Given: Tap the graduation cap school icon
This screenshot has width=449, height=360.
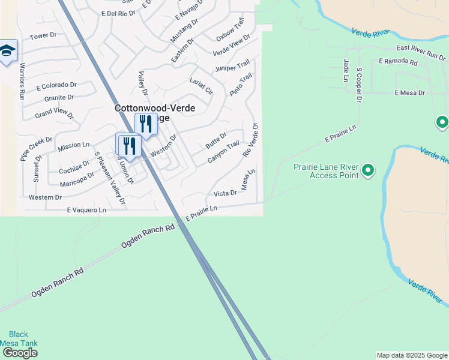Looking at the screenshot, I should pyautogui.click(x=7, y=52).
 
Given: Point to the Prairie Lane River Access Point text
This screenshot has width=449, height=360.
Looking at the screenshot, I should pyautogui.click(x=325, y=171).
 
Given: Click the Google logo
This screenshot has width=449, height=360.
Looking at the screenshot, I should pyautogui.click(x=19, y=353).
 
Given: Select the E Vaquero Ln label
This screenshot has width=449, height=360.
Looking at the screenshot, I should pyautogui.click(x=86, y=210).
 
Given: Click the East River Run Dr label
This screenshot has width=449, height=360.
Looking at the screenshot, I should pyautogui.click(x=420, y=53).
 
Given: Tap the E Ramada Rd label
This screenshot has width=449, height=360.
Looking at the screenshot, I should pyautogui.click(x=398, y=62).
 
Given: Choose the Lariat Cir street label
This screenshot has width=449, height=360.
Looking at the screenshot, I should pyautogui.click(x=202, y=86).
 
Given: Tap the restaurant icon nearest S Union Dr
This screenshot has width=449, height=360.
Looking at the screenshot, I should pyautogui.click(x=128, y=145).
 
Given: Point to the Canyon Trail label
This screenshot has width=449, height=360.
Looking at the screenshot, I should pyautogui.click(x=223, y=151).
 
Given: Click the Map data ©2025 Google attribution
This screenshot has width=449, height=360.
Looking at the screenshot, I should pyautogui.click(x=412, y=355).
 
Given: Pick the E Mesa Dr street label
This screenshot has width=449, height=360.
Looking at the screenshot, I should pyautogui.click(x=409, y=93).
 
